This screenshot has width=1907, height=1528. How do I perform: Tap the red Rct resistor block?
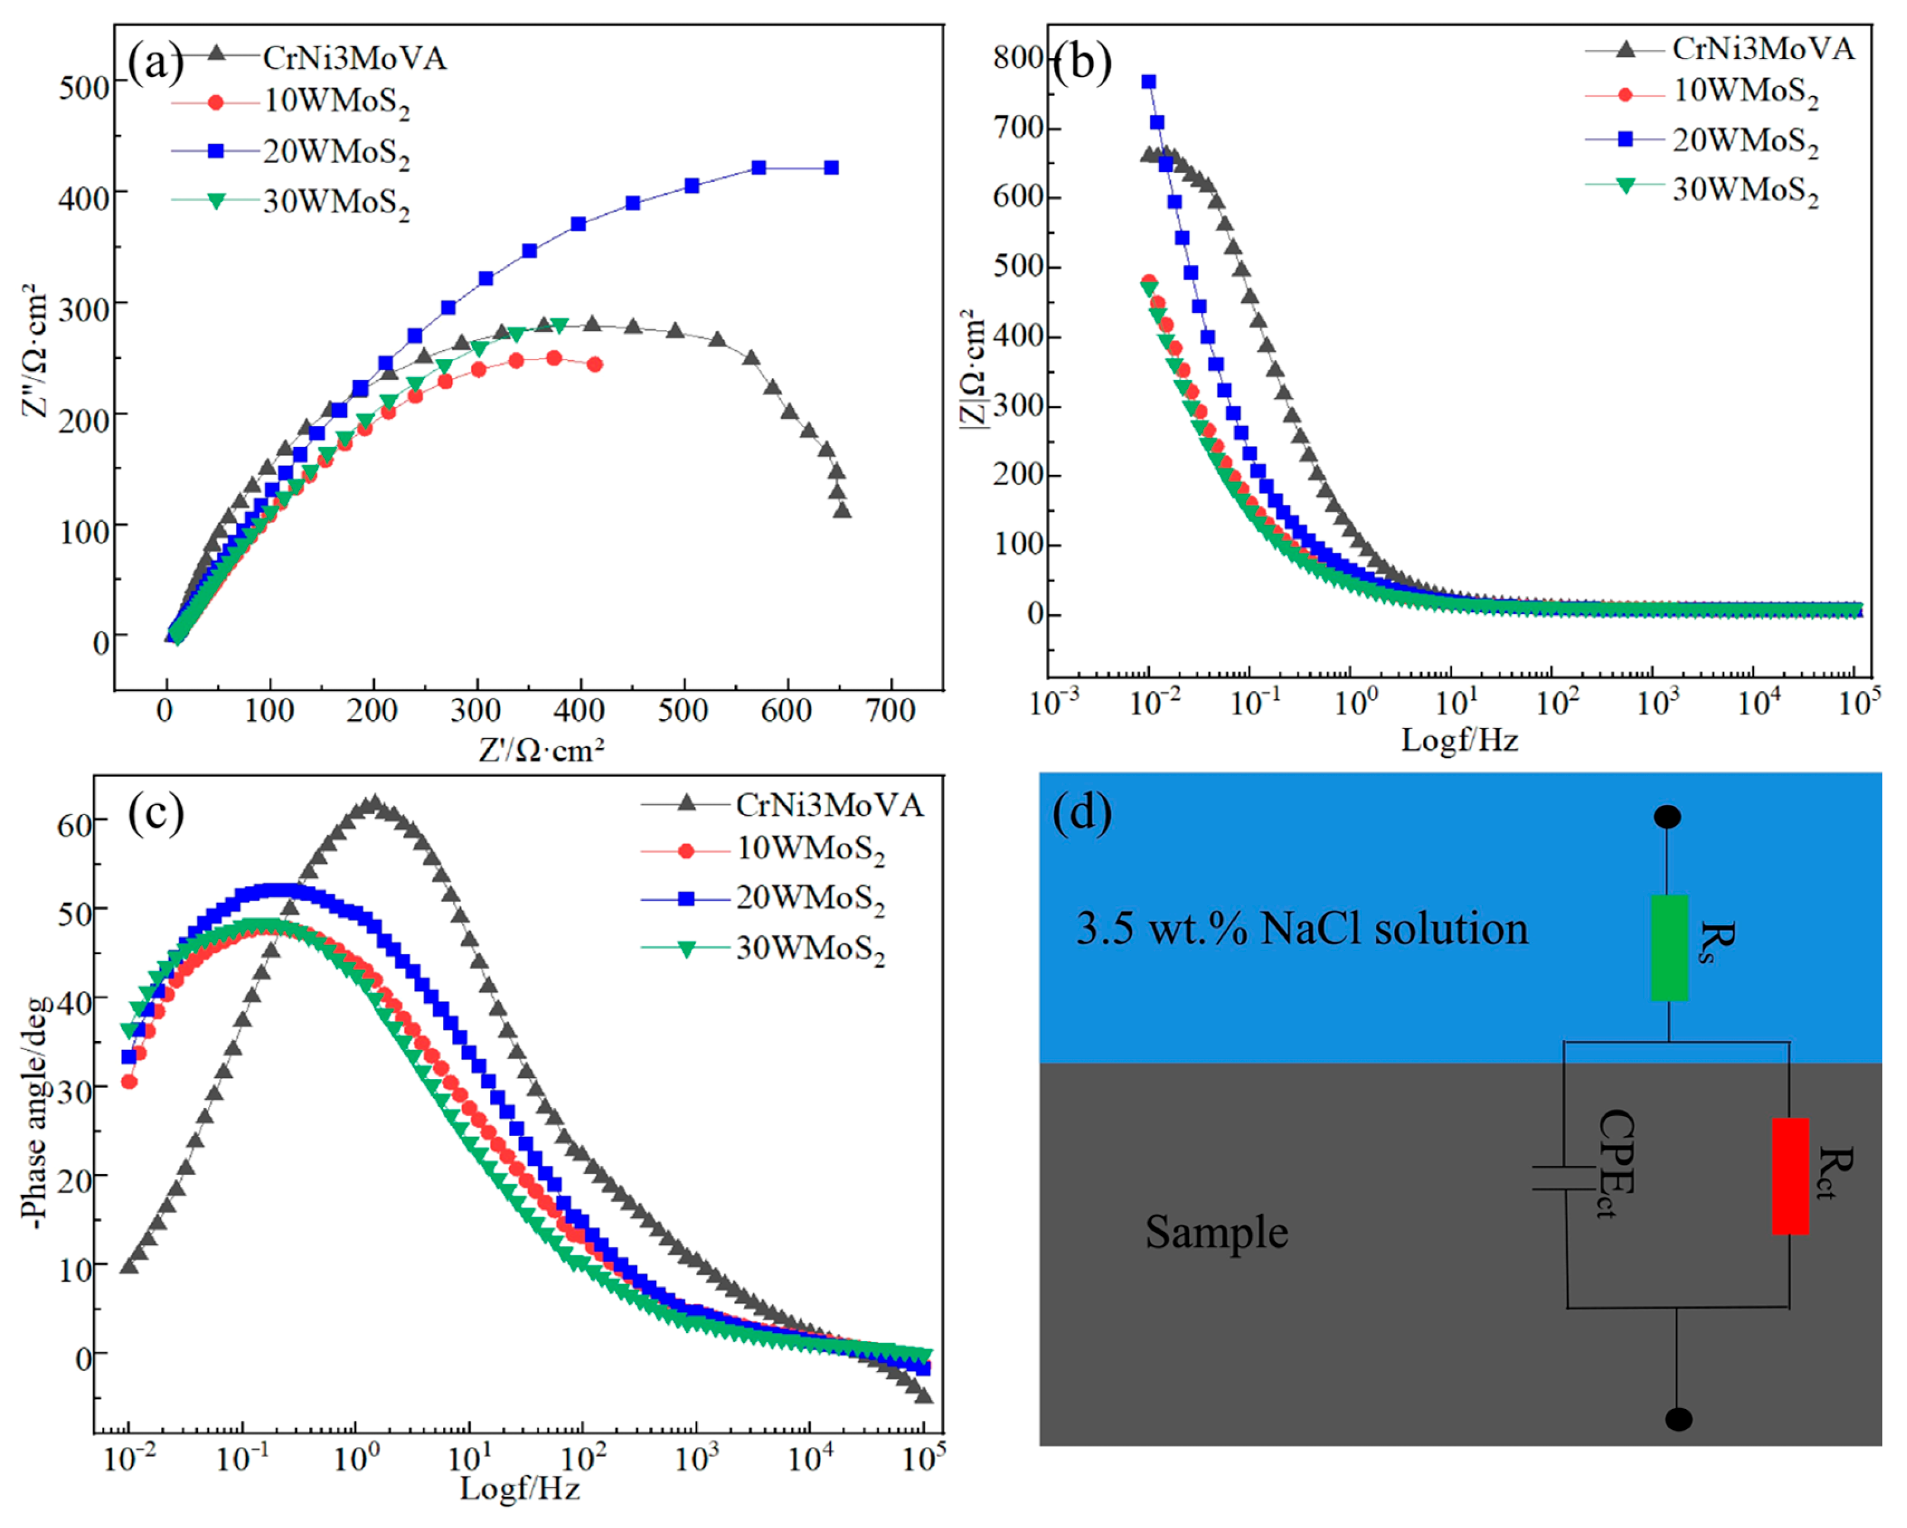coord(1790,1176)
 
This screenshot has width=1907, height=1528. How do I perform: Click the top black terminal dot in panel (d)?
coord(1667,816)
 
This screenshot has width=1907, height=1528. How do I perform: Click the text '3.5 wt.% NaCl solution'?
coord(1302,929)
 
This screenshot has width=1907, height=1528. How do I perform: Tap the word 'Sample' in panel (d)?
coord(1216,1232)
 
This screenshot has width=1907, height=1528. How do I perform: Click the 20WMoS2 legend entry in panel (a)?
coord(292,152)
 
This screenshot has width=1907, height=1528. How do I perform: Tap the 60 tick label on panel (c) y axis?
coord(74,824)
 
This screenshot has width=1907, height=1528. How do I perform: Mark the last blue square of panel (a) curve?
coord(831,168)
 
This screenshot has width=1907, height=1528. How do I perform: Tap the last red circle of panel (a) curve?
coord(594,364)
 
